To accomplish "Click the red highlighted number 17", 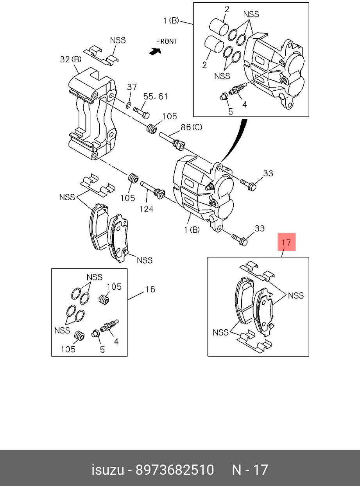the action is (x=287, y=242).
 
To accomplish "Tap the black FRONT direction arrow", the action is (x=155, y=52).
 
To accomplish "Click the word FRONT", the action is (x=167, y=41).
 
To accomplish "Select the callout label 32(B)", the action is (x=71, y=59).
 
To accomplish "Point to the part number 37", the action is (x=132, y=87).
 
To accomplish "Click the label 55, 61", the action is (x=155, y=97).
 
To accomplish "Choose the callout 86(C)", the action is (x=191, y=127).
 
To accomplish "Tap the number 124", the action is (x=146, y=209).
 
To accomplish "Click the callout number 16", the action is (x=150, y=289).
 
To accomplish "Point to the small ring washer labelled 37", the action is (x=128, y=105).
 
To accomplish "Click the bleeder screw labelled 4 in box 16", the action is (x=109, y=326).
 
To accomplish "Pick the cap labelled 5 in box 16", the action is (x=95, y=334).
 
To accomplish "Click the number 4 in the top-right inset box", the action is (x=245, y=104).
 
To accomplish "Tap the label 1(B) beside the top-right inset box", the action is (x=171, y=21).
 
